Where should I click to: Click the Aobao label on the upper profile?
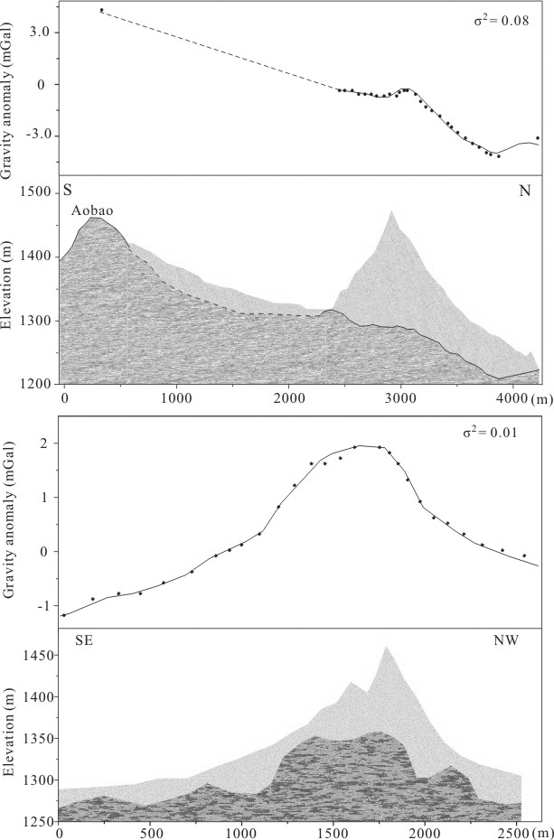pyautogui.click(x=92, y=210)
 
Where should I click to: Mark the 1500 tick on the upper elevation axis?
pyautogui.click(x=37, y=192)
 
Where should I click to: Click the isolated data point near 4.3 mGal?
pyautogui.click(x=101, y=11)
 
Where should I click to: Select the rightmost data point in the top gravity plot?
pyautogui.click(x=538, y=138)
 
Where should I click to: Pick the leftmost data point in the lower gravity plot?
pyautogui.click(x=64, y=615)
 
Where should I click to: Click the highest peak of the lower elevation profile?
pyautogui.click(x=386, y=647)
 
